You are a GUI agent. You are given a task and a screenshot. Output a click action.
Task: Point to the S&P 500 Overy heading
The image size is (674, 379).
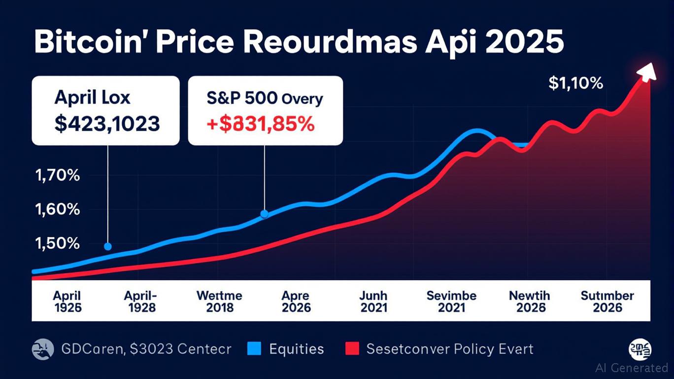point(266,98)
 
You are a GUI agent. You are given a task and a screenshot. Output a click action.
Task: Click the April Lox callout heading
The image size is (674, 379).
point(93,97)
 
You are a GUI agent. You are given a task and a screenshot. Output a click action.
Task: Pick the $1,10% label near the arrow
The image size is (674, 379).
point(575,83)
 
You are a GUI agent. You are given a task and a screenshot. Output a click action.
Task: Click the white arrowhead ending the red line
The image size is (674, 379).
point(647,72)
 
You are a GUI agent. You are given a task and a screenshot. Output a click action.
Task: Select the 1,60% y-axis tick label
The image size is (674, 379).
point(57,209)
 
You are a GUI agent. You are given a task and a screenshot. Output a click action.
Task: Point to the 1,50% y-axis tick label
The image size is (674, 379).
point(57,243)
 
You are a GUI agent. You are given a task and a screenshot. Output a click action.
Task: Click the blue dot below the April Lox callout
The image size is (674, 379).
point(108,246)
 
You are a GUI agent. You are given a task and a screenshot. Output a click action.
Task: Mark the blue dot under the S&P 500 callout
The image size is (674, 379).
point(264,214)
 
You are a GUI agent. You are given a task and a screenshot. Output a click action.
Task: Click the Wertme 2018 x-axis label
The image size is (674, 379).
point(219,302)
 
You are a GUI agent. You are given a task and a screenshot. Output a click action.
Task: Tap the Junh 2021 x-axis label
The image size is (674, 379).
point(373,302)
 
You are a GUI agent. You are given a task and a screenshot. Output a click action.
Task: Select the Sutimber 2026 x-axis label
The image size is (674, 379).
point(607,302)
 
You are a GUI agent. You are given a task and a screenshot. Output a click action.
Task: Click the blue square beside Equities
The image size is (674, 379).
point(253,349)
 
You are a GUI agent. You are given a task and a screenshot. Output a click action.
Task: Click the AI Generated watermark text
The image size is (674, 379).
point(632,368)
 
